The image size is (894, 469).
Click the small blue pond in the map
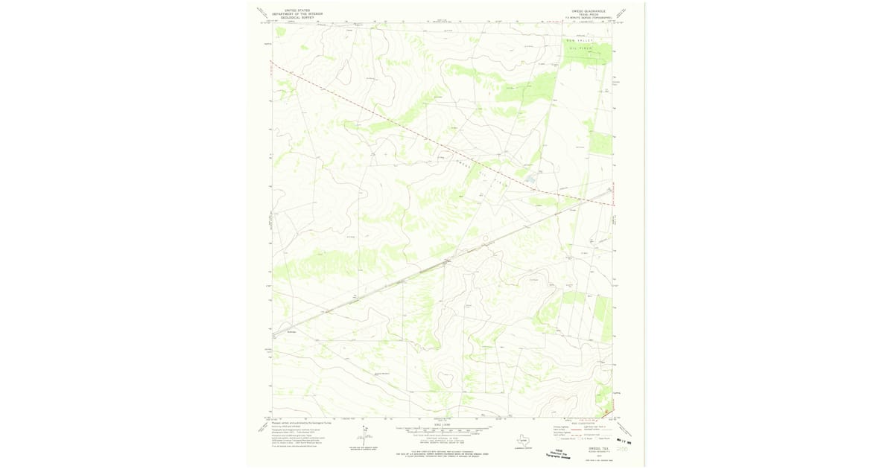click(x=530, y=179)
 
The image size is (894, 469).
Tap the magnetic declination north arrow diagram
click(x=366, y=436)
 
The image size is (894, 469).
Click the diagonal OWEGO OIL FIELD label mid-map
click(x=481, y=172)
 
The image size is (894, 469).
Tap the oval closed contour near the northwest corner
click(x=344, y=71)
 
